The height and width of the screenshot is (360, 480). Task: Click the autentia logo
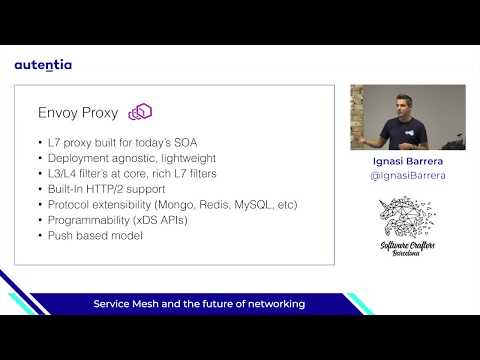43,65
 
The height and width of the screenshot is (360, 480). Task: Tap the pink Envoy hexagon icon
140,112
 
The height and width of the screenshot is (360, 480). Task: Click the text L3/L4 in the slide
63,174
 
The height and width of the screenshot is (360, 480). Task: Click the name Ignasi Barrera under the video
407,161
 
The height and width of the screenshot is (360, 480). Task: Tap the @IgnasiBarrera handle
407,175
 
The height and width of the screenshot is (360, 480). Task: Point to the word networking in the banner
273,303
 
